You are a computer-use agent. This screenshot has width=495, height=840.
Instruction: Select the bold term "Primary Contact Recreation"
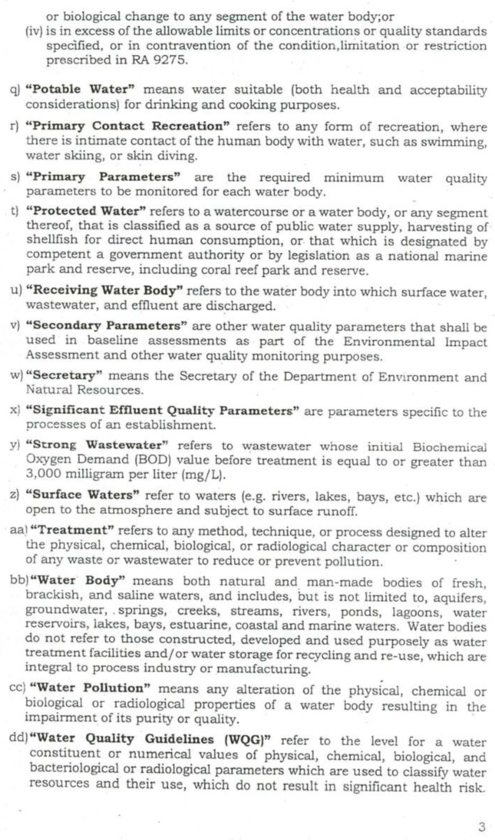tap(128, 126)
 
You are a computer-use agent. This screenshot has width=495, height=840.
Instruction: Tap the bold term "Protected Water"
tap(86, 211)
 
